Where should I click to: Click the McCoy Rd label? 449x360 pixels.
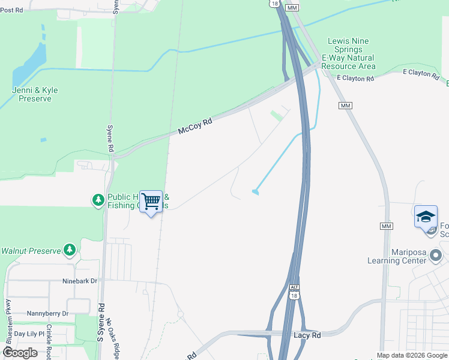(x=195, y=127)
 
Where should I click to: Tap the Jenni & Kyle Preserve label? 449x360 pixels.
(x=35, y=94)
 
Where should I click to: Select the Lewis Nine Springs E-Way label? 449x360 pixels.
(x=349, y=53)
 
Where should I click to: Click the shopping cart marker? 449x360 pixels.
(x=151, y=202)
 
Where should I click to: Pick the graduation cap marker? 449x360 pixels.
(x=426, y=217)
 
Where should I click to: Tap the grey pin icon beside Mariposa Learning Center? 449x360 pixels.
(x=436, y=256)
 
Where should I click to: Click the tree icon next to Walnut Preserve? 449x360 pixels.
(x=70, y=250)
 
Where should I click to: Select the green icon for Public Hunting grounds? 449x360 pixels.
(x=98, y=200)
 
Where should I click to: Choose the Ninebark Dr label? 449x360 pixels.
(x=79, y=281)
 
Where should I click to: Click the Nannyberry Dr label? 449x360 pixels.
(x=47, y=313)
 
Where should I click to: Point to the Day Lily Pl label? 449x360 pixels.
(x=29, y=334)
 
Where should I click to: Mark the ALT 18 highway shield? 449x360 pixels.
(x=294, y=292)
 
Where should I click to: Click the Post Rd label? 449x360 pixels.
(x=11, y=10)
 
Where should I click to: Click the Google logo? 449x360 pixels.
(x=20, y=352)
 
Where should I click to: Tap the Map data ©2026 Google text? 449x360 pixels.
(x=412, y=355)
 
